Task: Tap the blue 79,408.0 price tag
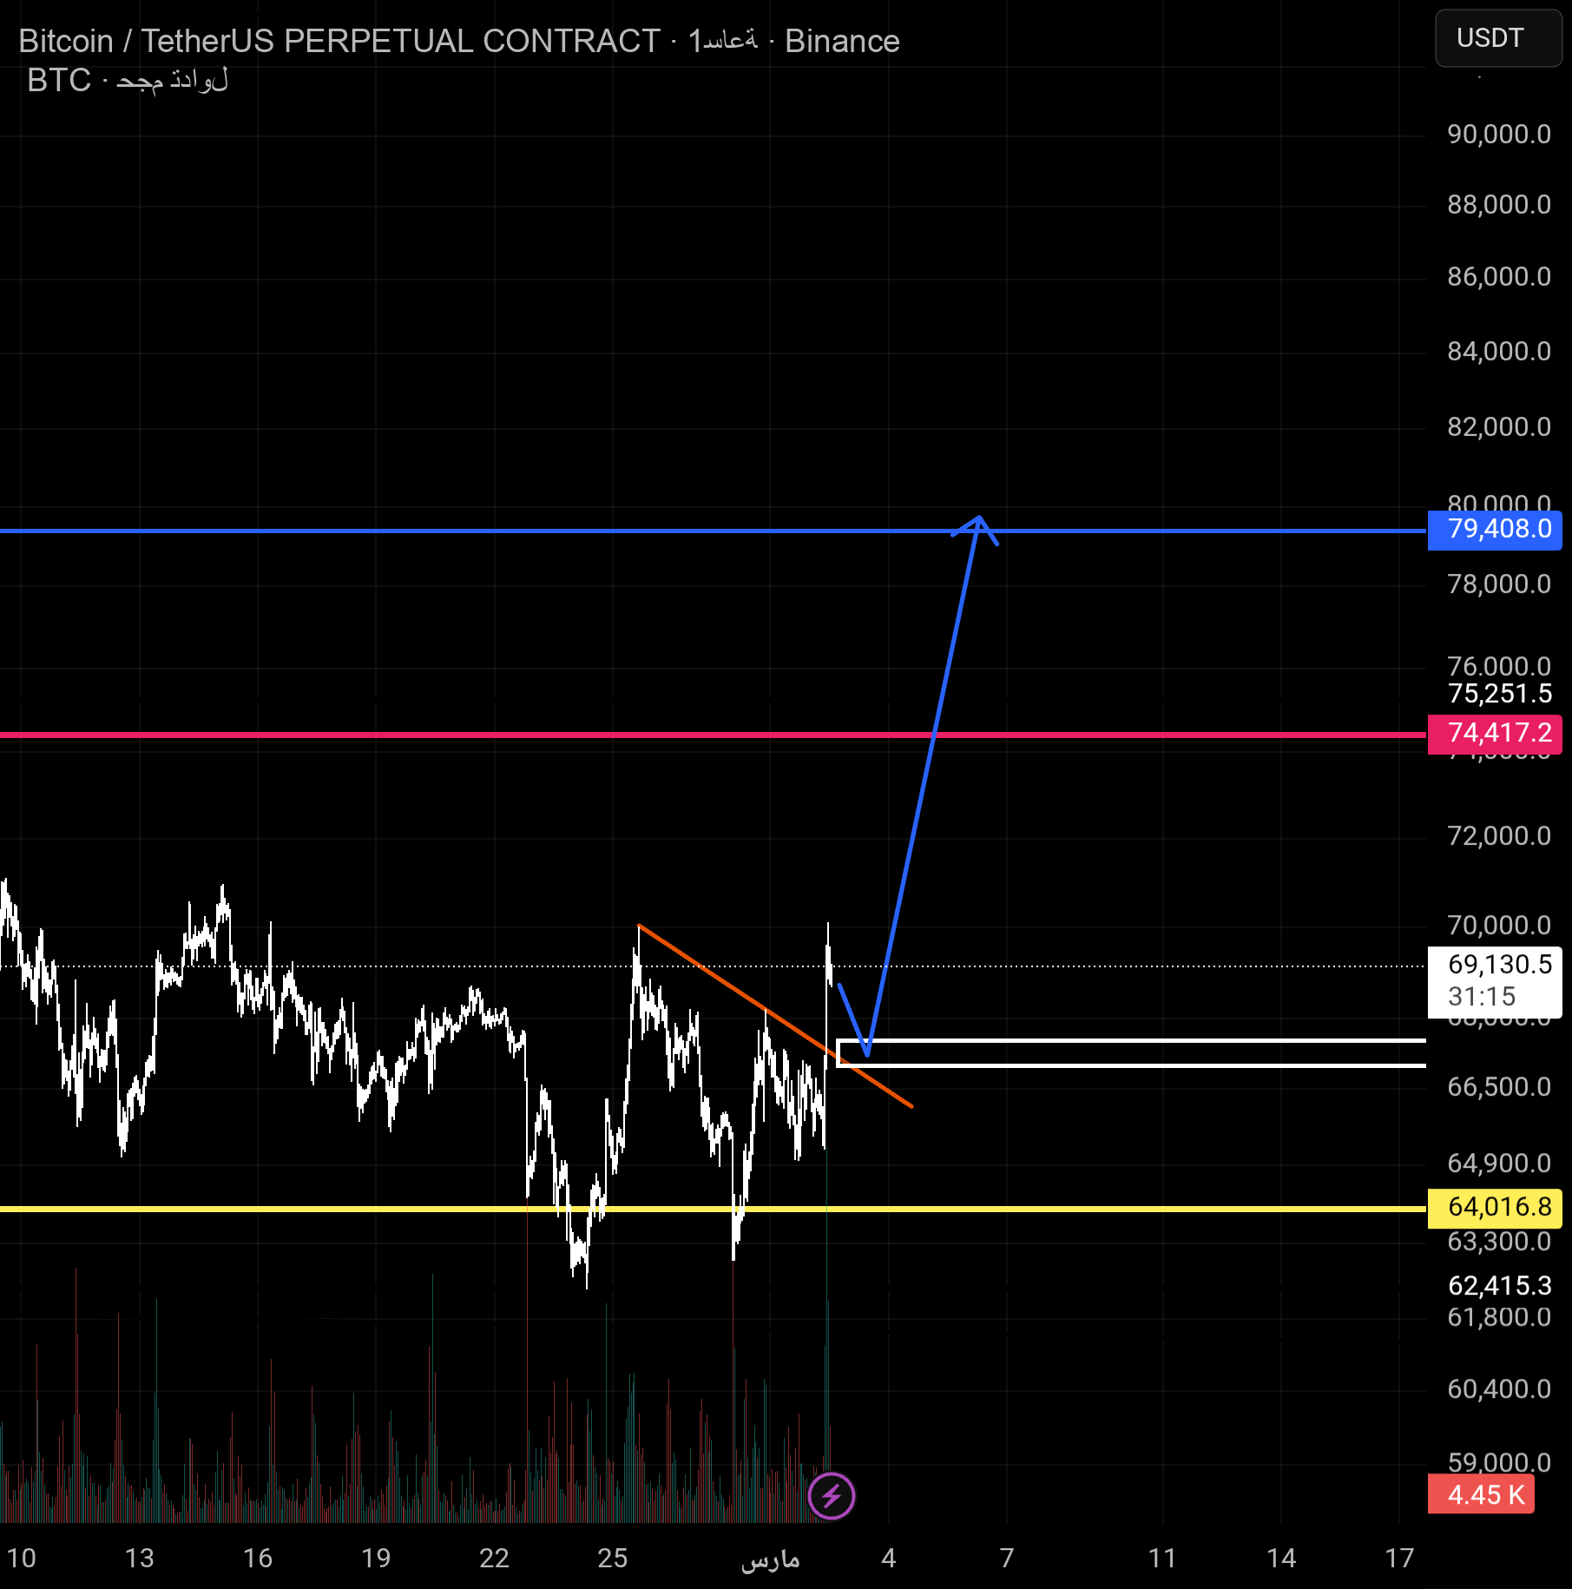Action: pyautogui.click(x=1494, y=529)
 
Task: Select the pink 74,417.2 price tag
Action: pyautogui.click(x=1494, y=734)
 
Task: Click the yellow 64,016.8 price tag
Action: pyautogui.click(x=1494, y=1207)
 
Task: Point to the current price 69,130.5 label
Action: pyautogui.click(x=1494, y=965)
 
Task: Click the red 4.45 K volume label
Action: pyautogui.click(x=1480, y=1495)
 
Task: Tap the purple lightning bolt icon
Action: pyautogui.click(x=831, y=1496)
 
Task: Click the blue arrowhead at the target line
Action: pyautogui.click(x=978, y=521)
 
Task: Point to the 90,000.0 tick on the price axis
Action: pyautogui.click(x=1498, y=135)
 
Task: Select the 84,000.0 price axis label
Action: pyautogui.click(x=1498, y=352)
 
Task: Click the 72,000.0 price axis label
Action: pyautogui.click(x=1498, y=836)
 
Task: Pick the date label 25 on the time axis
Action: pyautogui.click(x=612, y=1559)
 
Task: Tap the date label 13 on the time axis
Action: pyautogui.click(x=139, y=1559)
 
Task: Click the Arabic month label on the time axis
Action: pyautogui.click(x=770, y=1560)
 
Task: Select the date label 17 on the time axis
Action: pyautogui.click(x=1399, y=1559)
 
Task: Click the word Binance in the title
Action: pyautogui.click(x=842, y=42)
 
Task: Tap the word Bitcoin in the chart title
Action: pyautogui.click(x=66, y=42)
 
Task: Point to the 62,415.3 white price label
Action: pyautogui.click(x=1499, y=1286)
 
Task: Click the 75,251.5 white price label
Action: pyautogui.click(x=1499, y=694)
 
